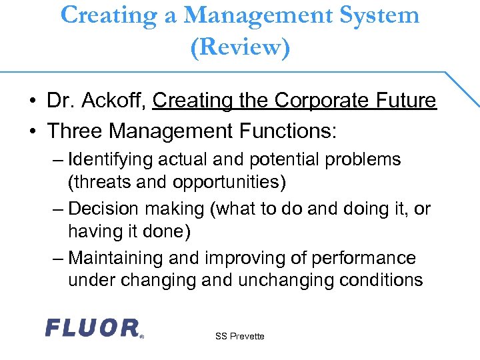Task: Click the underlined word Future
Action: [x=405, y=101]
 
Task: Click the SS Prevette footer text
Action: [x=240, y=337]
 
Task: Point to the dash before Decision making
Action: [x=58, y=209]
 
